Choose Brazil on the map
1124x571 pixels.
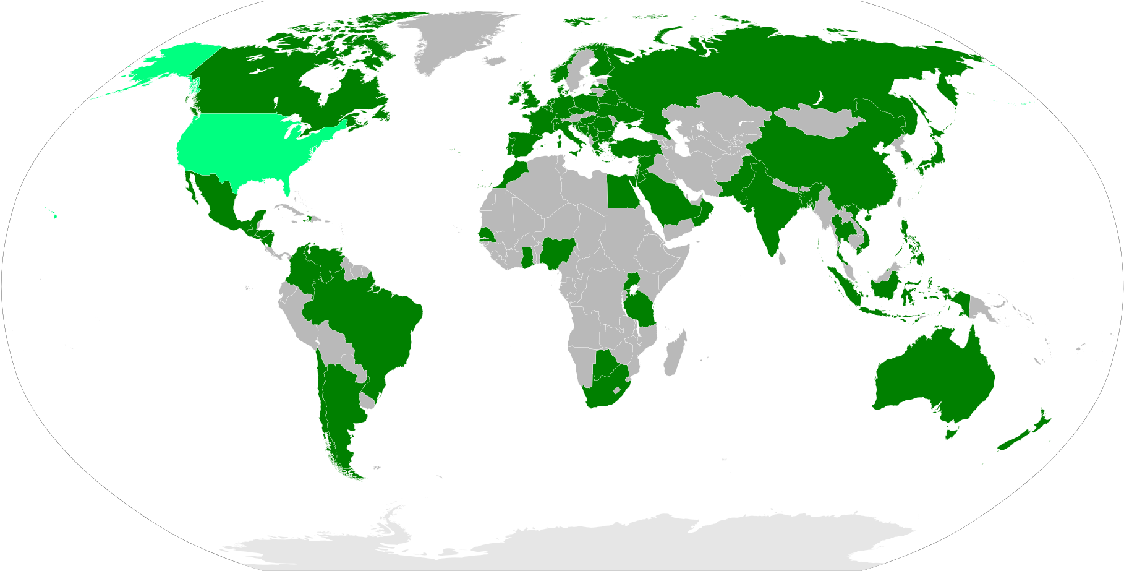[365, 322]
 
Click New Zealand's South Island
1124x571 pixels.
[1014, 440]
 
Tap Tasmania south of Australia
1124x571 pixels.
[951, 432]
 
